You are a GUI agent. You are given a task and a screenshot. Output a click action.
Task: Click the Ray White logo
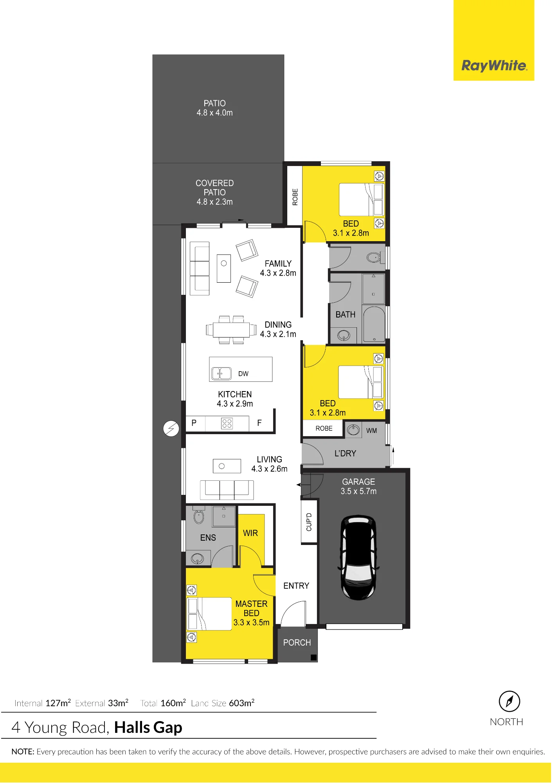point(494,65)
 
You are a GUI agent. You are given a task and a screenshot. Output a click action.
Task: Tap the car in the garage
point(358,557)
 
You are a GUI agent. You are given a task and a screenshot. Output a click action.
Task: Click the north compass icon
point(509,701)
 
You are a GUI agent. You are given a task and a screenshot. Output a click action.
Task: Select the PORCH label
point(297,642)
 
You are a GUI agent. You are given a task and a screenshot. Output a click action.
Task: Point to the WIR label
point(250,533)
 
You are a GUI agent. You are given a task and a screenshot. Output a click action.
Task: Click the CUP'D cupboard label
point(309,522)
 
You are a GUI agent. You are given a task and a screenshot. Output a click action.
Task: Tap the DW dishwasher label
point(243,373)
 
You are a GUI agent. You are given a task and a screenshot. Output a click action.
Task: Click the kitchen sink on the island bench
point(221,373)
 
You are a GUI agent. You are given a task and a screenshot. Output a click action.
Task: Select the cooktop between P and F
point(227,423)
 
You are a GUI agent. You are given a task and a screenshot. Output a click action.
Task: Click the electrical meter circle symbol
point(171,429)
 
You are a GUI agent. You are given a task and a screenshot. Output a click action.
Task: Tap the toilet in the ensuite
point(199,515)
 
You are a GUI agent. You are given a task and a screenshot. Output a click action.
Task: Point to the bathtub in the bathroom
point(374,325)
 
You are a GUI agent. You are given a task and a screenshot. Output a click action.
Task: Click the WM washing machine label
point(371,431)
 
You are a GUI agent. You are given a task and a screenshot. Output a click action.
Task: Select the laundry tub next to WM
point(353,429)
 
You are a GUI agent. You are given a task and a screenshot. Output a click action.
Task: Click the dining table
point(231,330)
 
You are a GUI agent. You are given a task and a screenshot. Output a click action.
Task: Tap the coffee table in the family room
point(224,268)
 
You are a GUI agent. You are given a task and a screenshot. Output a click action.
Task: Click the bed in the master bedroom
point(209,613)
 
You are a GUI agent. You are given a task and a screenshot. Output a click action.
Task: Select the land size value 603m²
point(241,703)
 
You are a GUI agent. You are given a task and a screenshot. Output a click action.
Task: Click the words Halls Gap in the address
point(148,728)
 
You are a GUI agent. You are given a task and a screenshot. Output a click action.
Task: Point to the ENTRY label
point(296,586)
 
